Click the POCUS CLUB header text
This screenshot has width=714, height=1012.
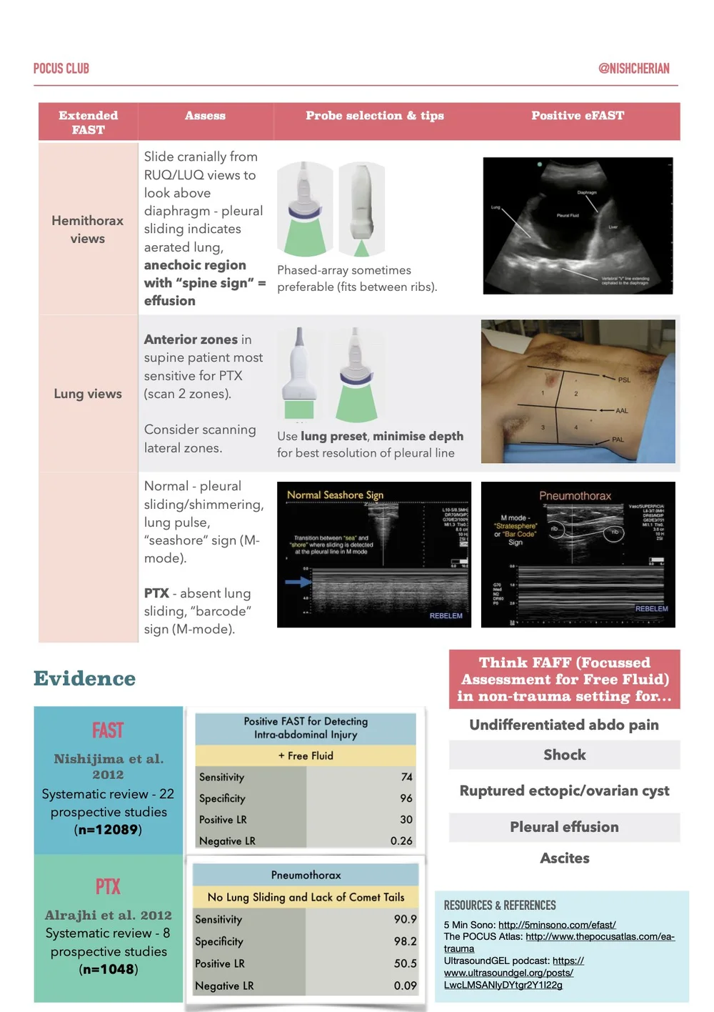pyautogui.click(x=61, y=69)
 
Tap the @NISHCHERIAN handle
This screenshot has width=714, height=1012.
pyautogui.click(x=633, y=69)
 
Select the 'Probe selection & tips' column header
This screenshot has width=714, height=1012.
pyautogui.click(x=374, y=116)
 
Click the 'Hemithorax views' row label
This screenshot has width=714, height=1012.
pyautogui.click(x=87, y=229)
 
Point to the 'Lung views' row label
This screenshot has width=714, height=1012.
pyautogui.click(x=88, y=394)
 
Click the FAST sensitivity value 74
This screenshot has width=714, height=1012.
pyautogui.click(x=406, y=777)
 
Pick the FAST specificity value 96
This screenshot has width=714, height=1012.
pyautogui.click(x=406, y=798)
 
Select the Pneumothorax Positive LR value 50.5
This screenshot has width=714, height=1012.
pyautogui.click(x=405, y=963)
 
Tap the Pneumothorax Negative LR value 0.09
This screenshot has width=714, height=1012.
pyautogui.click(x=405, y=986)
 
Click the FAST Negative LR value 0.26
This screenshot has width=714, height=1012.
pyautogui.click(x=401, y=841)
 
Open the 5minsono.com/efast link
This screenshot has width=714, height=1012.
pyautogui.click(x=557, y=925)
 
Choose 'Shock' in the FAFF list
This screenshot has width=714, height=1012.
pyautogui.click(x=564, y=755)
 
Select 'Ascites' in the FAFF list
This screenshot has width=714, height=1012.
pyautogui.click(x=564, y=858)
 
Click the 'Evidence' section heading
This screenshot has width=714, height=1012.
pyautogui.click(x=84, y=678)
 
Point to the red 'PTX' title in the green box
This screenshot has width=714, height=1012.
pyautogui.click(x=108, y=887)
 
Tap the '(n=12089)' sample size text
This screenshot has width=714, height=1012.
pyautogui.click(x=108, y=830)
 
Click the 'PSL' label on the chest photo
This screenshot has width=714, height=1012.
pyautogui.click(x=623, y=380)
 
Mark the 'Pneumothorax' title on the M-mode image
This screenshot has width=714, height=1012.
pyautogui.click(x=575, y=496)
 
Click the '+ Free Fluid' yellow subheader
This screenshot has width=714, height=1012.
pyautogui.click(x=306, y=755)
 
